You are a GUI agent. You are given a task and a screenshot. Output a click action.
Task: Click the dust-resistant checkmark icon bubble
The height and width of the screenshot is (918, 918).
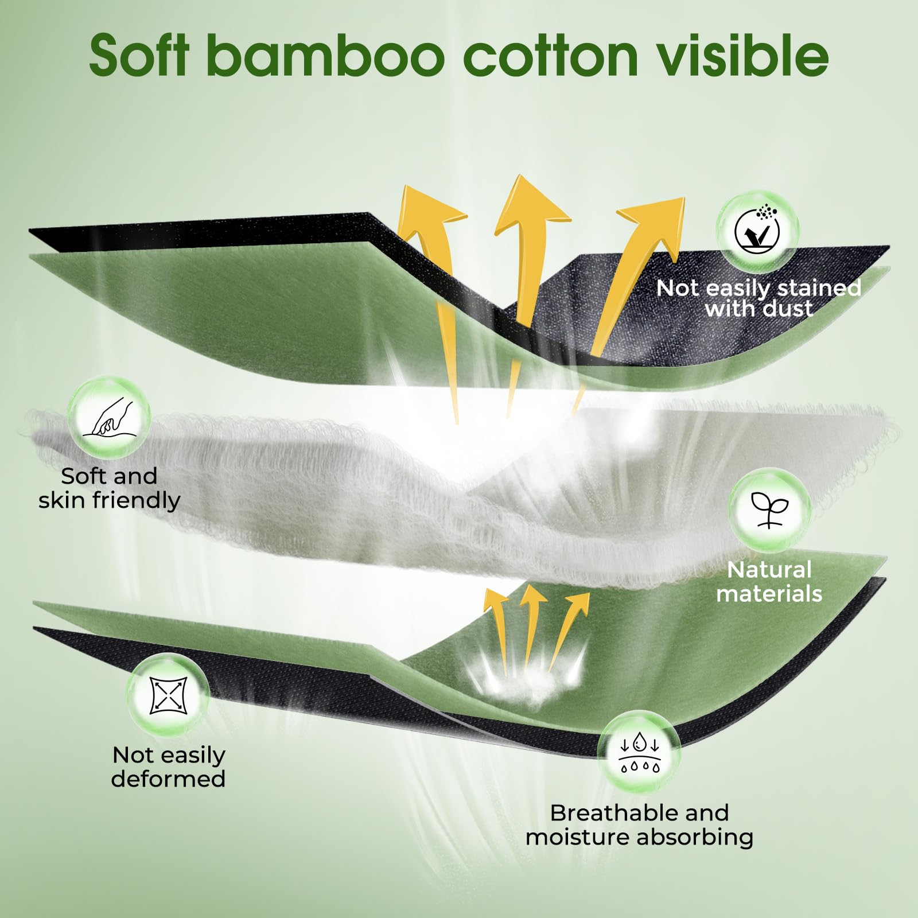pyautogui.click(x=758, y=231)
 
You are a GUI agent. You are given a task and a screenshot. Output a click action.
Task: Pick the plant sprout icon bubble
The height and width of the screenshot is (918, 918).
pyautogui.click(x=769, y=509)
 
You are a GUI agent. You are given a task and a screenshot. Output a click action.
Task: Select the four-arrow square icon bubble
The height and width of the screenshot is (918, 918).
pyautogui.click(x=168, y=696)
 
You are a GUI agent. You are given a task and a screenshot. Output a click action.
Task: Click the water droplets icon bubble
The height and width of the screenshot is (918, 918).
pyautogui.click(x=639, y=752)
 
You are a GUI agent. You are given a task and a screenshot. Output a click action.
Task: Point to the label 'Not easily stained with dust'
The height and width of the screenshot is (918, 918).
pyautogui.click(x=758, y=298)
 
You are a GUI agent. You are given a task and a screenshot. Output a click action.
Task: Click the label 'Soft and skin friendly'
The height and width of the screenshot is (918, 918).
pyautogui.click(x=109, y=488)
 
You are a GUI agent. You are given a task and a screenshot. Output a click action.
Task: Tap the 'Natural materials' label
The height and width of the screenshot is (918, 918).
pyautogui.click(x=769, y=582)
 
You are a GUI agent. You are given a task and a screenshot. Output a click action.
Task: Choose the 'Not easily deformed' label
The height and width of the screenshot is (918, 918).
pyautogui.click(x=169, y=767)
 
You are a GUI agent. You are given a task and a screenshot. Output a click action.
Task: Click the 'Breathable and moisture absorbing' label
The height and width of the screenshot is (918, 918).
pyautogui.click(x=639, y=825)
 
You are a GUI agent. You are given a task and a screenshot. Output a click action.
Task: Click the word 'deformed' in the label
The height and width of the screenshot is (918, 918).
pyautogui.click(x=169, y=779)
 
